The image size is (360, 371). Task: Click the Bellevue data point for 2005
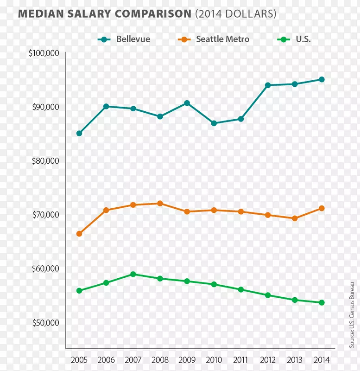(79, 134)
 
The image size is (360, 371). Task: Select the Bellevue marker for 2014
(322, 79)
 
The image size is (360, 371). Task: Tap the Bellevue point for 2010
(214, 123)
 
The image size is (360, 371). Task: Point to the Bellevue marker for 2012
(268, 85)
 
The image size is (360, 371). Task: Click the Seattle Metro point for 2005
(79, 234)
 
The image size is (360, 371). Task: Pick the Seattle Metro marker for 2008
(160, 203)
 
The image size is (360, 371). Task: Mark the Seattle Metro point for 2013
(295, 218)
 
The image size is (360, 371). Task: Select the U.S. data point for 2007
(133, 274)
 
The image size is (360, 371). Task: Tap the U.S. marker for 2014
(322, 303)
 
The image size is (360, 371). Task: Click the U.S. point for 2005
(79, 291)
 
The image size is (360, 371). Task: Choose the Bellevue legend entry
(124, 39)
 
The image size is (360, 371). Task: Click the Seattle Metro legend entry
(214, 39)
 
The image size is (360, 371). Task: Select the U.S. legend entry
(294, 39)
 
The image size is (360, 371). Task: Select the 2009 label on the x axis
(187, 360)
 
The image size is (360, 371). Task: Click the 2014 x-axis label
(322, 360)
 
